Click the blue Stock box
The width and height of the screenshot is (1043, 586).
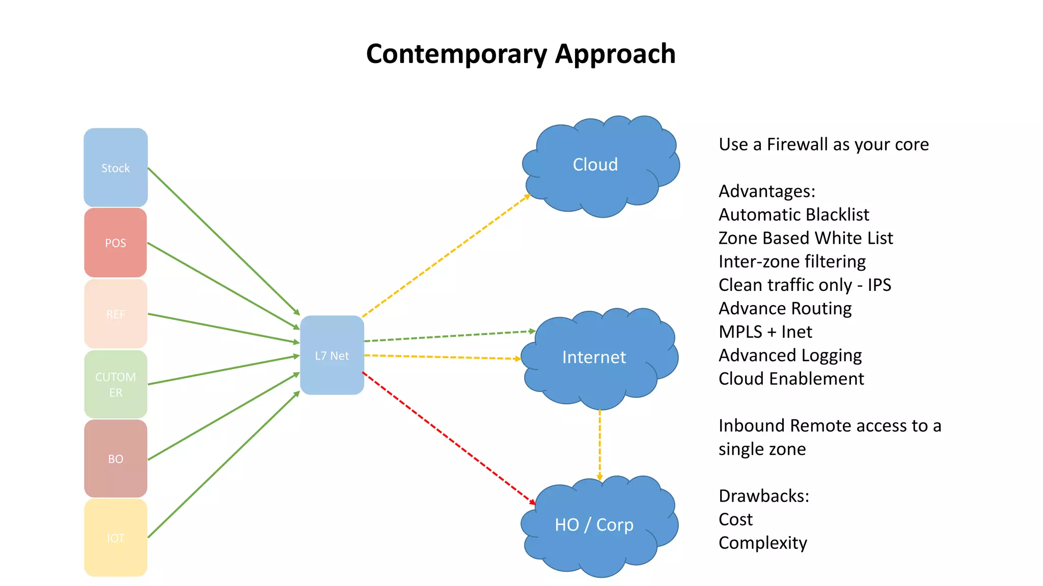pos(116,167)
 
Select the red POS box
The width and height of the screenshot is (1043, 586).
pos(116,243)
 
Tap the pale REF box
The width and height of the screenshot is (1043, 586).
pos(116,314)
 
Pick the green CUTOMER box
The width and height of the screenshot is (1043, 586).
pos(116,385)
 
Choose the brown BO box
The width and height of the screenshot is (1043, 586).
pos(116,458)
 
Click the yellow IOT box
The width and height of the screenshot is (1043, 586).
pos(116,538)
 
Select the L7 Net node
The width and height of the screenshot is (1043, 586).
pos(332,355)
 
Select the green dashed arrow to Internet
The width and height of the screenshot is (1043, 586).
pos(448,336)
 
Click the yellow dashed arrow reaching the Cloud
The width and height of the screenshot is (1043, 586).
pos(446,256)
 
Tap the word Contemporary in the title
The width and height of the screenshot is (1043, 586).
pos(456,54)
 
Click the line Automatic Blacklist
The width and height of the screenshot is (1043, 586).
pos(793,215)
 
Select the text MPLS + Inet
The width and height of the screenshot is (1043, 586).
pos(765,332)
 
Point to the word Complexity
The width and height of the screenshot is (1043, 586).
pos(762,543)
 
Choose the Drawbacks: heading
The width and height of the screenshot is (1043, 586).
pos(763,495)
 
